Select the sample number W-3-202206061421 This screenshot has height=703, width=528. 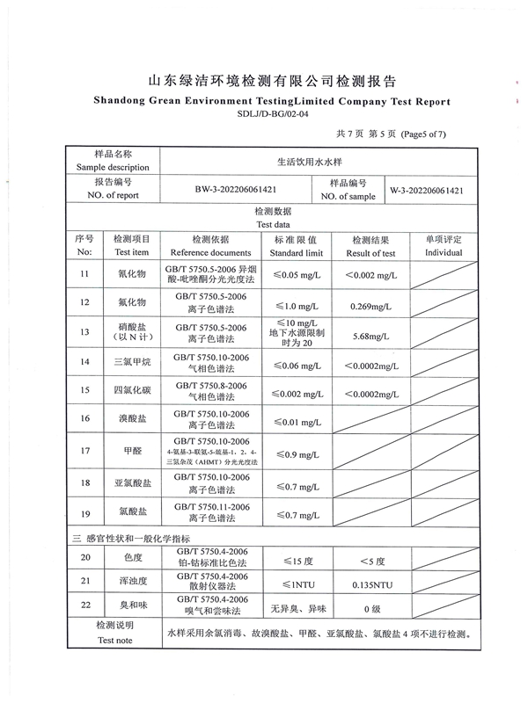pyautogui.click(x=427, y=190)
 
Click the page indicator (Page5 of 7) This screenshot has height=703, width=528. pyautogui.click(x=423, y=134)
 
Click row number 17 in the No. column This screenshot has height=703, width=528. pyautogui.click(x=84, y=451)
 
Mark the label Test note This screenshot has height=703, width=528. pyautogui.click(x=115, y=641)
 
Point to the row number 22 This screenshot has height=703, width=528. pyautogui.click(x=85, y=605)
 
